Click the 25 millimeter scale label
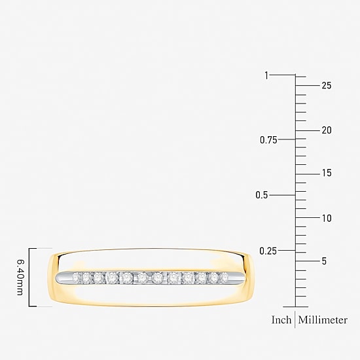[327, 86]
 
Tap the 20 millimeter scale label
[327, 130]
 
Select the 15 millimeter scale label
[327, 173]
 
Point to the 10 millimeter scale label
[327, 219]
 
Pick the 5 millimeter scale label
[324, 261]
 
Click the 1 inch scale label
[266, 75]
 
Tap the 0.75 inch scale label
[268, 140]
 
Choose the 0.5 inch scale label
[262, 195]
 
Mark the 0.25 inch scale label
[268, 251]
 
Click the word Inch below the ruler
[281, 320]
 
